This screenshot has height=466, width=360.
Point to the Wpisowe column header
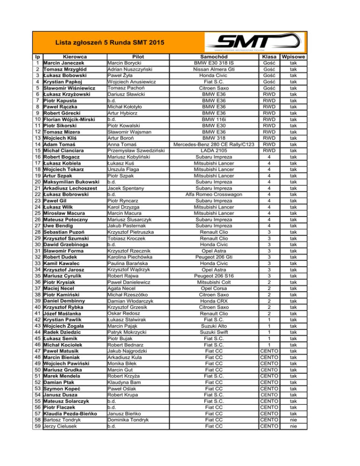pyautogui.click(x=292, y=56)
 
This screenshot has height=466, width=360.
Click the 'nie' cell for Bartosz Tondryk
pyautogui.click(x=292, y=420)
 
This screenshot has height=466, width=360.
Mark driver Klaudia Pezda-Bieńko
pyautogui.click(x=71, y=414)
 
